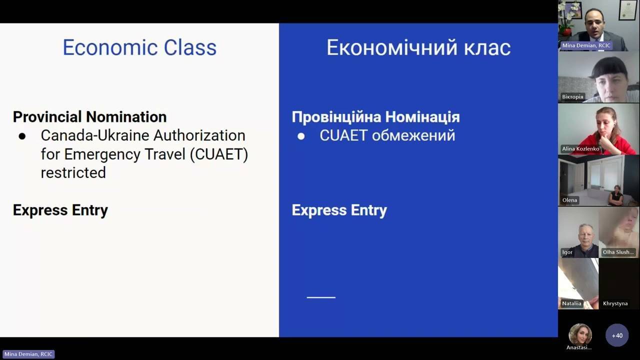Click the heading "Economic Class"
coord(139,47)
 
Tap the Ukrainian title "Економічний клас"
coord(418,47)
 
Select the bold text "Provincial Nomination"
coord(89,117)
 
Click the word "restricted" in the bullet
coord(73,172)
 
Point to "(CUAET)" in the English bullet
coord(219,154)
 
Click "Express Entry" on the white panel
coord(60,210)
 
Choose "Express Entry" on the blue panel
coord(339,210)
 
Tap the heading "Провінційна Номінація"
coord(375,117)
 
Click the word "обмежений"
coord(413,135)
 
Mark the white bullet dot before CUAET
coord(301,136)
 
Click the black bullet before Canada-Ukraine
coord(22,136)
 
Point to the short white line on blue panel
coord(321,297)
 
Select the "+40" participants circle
coord(617,335)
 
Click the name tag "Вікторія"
coord(572,96)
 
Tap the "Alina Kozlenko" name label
coord(580,148)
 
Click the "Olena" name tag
coord(569,200)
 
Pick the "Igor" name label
coord(567,252)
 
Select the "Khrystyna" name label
coord(615,303)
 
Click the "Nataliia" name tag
coord(571,303)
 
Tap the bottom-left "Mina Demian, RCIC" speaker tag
coord(28,354)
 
